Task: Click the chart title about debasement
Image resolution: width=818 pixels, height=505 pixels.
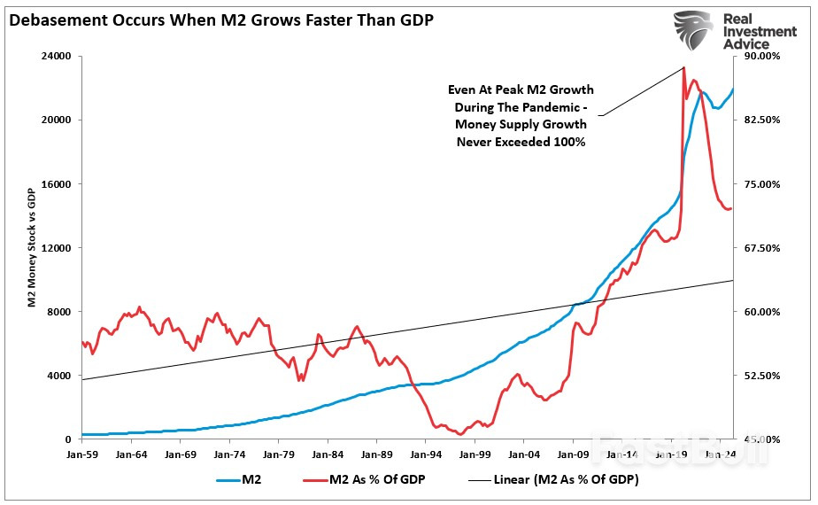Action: [x=221, y=19]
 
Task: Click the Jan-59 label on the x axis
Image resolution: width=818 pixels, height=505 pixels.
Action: [x=81, y=454]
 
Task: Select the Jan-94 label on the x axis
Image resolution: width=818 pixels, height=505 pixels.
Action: [x=425, y=454]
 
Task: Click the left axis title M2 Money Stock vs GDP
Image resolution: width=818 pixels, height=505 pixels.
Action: [x=31, y=248]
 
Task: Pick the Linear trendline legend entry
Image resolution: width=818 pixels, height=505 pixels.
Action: [x=540, y=481]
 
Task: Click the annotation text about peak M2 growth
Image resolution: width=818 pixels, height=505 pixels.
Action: [x=521, y=116]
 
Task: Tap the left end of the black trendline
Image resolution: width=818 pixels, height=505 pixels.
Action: [x=82, y=379]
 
